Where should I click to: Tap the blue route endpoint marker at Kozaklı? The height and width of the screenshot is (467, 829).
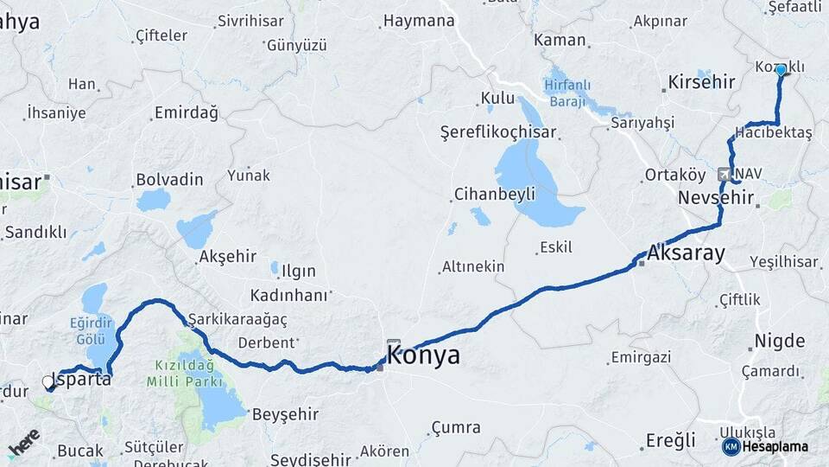point(781,69)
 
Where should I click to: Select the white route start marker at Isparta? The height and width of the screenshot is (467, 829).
point(48,381)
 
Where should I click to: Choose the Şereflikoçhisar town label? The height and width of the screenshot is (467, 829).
point(498,133)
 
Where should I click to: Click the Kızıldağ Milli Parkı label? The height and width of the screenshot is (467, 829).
point(187,373)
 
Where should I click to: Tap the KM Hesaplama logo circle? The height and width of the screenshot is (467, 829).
point(731,446)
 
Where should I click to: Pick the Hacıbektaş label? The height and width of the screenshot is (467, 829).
point(774,133)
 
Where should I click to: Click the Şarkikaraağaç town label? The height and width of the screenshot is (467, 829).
point(237,319)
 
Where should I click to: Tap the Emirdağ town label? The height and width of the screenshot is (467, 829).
point(186,112)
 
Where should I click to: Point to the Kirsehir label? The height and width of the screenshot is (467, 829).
point(701,83)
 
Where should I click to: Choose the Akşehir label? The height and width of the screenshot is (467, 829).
point(228,256)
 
